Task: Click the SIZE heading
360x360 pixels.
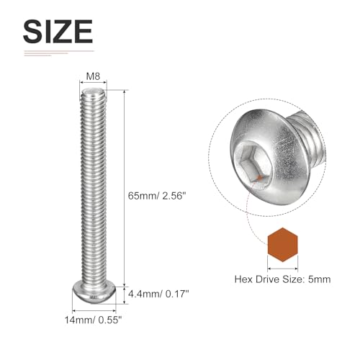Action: click(58, 32)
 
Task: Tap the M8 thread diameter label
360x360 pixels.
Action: click(93, 76)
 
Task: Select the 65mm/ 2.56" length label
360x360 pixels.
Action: click(157, 196)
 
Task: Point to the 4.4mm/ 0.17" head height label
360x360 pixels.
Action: click(158, 294)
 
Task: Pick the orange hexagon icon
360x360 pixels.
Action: click(283, 245)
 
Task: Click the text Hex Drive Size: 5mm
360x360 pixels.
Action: click(282, 279)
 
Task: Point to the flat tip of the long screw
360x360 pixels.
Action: click(93, 91)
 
